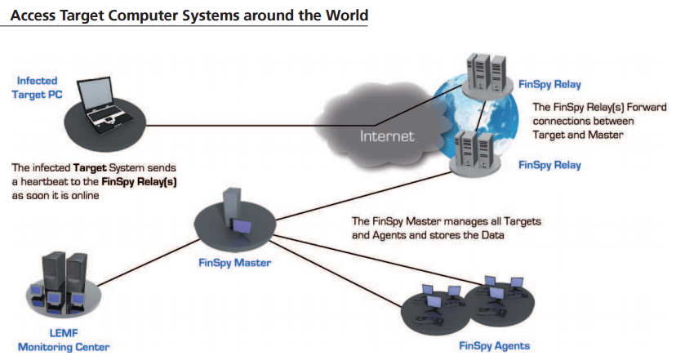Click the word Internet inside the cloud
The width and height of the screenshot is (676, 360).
pos(387,136)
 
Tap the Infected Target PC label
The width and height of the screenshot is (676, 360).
pos(37,87)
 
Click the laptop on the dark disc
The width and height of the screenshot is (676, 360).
pos(101,104)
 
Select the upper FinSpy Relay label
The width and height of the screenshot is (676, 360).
pos(549,84)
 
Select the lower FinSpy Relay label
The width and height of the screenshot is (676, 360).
pos(549,165)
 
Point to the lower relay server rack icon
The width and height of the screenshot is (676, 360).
pos(474,152)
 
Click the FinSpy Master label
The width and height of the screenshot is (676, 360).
pos(234,263)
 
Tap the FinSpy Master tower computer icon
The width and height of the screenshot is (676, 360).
pos(236,211)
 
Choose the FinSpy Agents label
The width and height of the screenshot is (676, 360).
pos(494,346)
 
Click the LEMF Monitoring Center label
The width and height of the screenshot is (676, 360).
pos(64,340)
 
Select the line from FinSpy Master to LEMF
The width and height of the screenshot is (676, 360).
pos(148,262)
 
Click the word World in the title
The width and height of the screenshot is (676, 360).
pos(347,15)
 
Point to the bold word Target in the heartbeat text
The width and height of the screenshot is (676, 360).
pos(90,167)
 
